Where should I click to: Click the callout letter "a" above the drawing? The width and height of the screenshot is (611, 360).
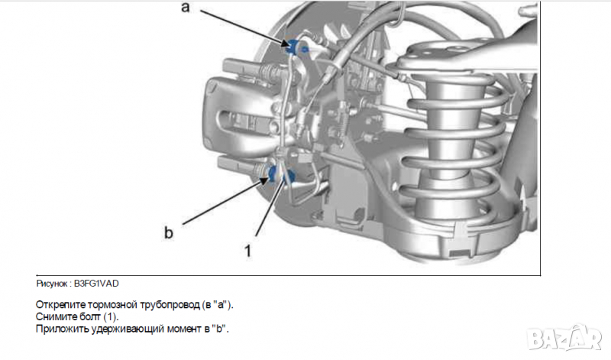click(184, 8)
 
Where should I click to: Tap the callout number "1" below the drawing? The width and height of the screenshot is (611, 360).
click(247, 248)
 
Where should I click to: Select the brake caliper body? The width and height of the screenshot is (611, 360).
click(229, 115)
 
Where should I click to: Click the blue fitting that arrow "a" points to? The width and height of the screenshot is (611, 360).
click(295, 46)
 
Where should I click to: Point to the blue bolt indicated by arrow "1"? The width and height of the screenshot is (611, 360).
click(289, 178)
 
